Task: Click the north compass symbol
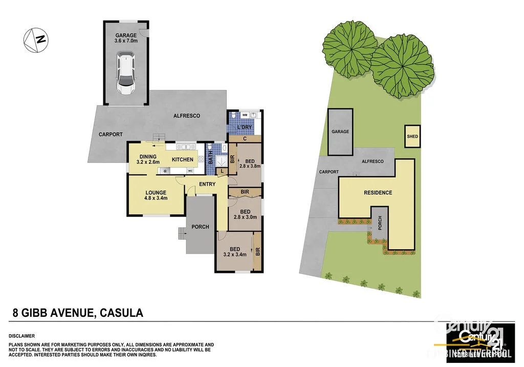pyautogui.click(x=35, y=40)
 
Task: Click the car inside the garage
pyautogui.click(x=125, y=75)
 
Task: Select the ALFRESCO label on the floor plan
pyautogui.click(x=187, y=116)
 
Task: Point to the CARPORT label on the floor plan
pyautogui.click(x=111, y=135)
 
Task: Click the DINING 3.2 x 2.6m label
pyautogui.click(x=148, y=159)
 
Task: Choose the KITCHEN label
pyautogui.click(x=182, y=160)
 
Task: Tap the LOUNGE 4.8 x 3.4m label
pyautogui.click(x=155, y=196)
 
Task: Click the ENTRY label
pyautogui.click(x=207, y=184)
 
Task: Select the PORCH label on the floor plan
pyautogui.click(x=200, y=227)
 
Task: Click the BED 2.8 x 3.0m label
pyautogui.click(x=245, y=214)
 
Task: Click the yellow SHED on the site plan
pyautogui.click(x=412, y=137)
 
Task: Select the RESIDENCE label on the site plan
pyautogui.click(x=378, y=193)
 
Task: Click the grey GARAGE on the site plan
pyautogui.click(x=340, y=132)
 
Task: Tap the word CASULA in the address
pyautogui.click(x=121, y=312)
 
